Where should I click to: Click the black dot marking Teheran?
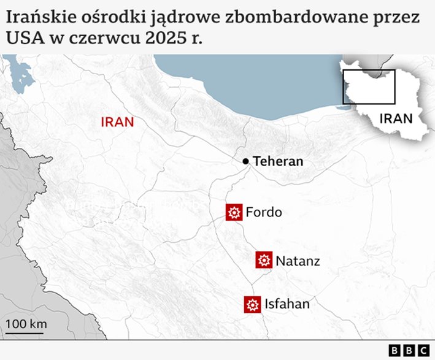[246, 161]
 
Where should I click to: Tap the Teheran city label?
[278, 161]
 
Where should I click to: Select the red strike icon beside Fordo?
[234, 213]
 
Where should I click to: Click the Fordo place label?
[264, 213]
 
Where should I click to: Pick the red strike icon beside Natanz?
[264, 260]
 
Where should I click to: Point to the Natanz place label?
[298, 261]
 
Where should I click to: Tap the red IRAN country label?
[117, 122]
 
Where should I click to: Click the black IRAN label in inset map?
[396, 118]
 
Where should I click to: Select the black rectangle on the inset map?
[369, 86]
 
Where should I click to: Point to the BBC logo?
[409, 350]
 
